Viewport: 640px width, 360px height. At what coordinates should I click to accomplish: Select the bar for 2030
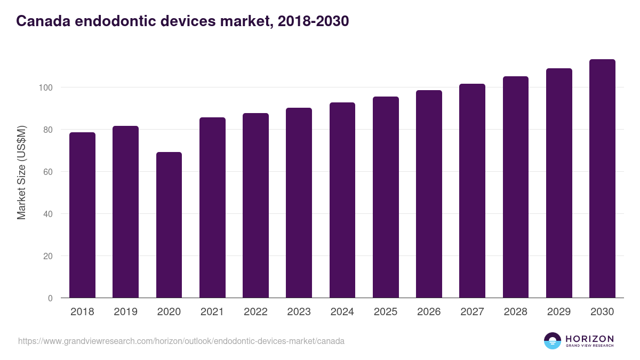tap(602, 179)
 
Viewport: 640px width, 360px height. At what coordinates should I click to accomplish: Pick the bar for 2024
tap(342, 200)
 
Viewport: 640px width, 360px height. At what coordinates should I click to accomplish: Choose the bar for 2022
tap(255, 205)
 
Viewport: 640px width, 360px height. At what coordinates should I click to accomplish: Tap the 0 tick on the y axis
tap(50, 298)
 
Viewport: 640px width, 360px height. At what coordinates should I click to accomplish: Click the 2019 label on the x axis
tap(125, 312)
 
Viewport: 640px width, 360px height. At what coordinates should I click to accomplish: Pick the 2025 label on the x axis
tap(386, 312)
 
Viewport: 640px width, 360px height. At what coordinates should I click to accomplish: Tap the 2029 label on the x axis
tap(559, 312)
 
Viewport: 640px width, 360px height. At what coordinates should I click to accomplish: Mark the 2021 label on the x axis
tap(212, 312)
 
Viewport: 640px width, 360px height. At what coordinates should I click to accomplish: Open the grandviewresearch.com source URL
tap(181, 341)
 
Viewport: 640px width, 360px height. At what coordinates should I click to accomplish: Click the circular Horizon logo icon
tap(553, 341)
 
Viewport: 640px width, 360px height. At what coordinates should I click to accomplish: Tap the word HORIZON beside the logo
tap(589, 339)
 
